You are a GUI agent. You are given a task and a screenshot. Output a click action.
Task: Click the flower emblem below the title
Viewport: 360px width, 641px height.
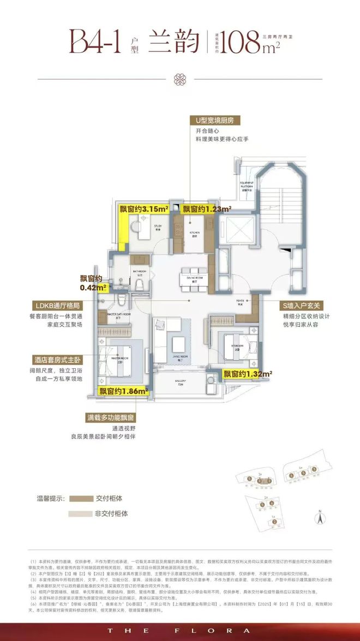180,80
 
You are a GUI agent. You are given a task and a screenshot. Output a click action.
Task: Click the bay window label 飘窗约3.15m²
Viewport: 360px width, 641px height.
143,208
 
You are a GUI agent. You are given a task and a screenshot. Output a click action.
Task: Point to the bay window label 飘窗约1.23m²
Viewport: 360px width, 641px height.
206,208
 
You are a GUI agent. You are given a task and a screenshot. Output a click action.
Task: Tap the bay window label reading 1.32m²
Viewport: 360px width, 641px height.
248,374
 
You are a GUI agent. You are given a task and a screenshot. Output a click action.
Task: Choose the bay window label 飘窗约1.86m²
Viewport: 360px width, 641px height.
124,391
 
